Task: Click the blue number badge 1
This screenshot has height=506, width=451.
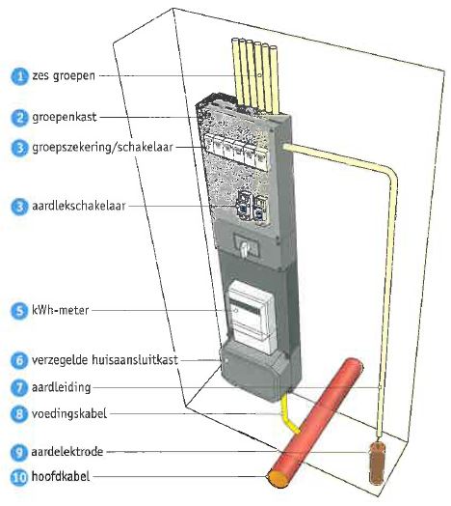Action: point(19,77)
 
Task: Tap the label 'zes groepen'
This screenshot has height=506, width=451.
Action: point(64,76)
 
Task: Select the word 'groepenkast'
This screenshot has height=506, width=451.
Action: point(65,117)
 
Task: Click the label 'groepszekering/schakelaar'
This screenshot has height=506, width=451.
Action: point(102,148)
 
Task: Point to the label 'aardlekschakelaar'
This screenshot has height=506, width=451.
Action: point(79,206)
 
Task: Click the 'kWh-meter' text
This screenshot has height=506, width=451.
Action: point(60,310)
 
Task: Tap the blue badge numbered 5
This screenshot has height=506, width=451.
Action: point(19,311)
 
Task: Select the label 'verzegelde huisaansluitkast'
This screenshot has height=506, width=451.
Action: point(105,360)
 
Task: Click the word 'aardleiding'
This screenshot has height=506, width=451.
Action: point(62,387)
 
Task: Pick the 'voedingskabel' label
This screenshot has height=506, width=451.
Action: point(69,413)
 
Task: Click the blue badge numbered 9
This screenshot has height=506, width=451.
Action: point(19,453)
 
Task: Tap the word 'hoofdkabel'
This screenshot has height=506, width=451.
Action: point(61,476)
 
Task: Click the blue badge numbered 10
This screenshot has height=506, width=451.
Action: point(19,477)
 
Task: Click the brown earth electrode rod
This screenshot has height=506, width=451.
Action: point(377,464)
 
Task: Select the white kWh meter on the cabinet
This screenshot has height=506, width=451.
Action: point(252,317)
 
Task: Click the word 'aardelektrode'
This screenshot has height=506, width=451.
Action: point(67,452)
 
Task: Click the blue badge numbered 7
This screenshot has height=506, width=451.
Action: point(19,388)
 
